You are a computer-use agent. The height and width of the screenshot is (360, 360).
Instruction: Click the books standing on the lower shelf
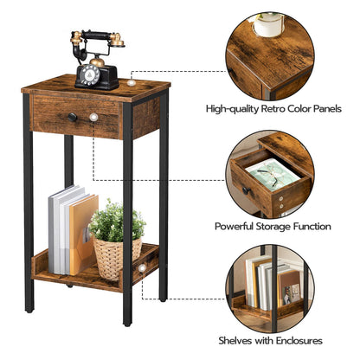(x=72, y=232)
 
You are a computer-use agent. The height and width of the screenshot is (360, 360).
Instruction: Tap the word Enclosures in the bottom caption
(x=296, y=340)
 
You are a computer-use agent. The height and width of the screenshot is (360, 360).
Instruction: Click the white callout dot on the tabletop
(x=131, y=83)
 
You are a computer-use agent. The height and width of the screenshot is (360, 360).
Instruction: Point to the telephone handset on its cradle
(x=97, y=38)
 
